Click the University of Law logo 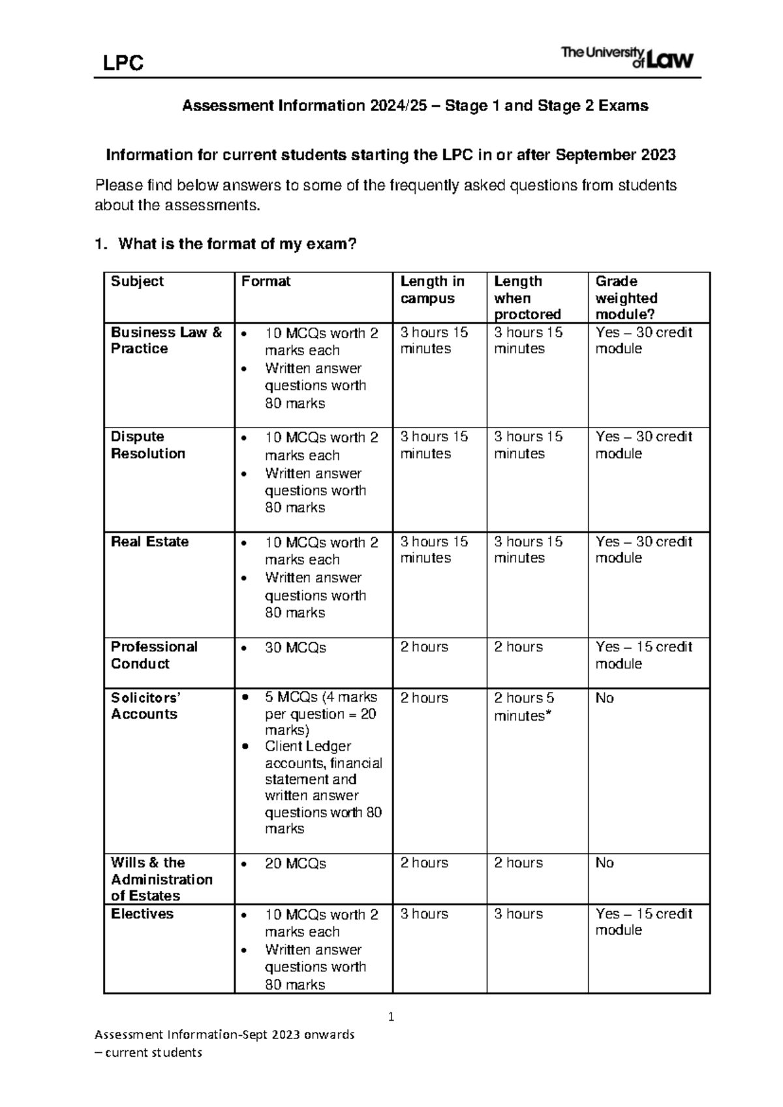[627, 57]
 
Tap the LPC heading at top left [123, 63]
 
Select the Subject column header [137, 281]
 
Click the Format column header [266, 281]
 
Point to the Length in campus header [432, 290]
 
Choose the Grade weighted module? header [626, 298]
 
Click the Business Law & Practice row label [166, 340]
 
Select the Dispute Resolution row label [147, 445]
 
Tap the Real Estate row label [149, 542]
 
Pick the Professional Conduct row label [153, 655]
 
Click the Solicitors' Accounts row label [145, 706]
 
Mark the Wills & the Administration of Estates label [161, 879]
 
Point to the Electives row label [142, 914]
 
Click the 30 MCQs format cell [295, 648]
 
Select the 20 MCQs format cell [295, 864]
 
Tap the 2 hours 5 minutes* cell [524, 706]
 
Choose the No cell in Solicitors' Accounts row [604, 698]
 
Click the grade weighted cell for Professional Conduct [643, 655]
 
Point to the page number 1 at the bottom [391, 1016]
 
